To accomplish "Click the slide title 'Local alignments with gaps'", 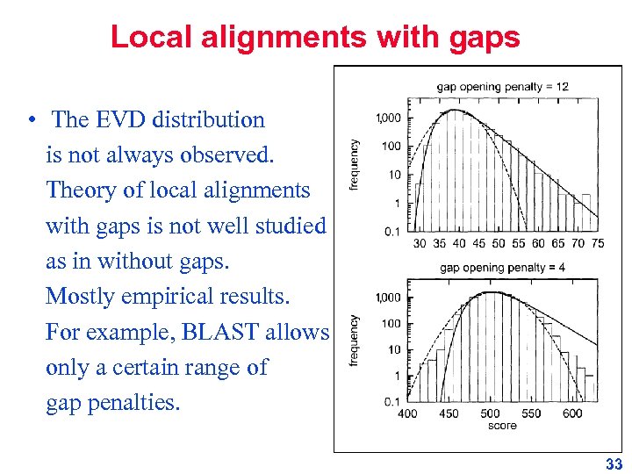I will tap(315, 37).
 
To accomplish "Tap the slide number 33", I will tap(614, 464).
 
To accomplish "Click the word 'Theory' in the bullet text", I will tap(79, 190).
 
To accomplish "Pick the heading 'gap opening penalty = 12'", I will tap(502, 86).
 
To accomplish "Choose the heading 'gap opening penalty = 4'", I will tap(502, 267).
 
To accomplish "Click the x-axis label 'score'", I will tap(502, 426).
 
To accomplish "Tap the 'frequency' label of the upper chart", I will tap(355, 165).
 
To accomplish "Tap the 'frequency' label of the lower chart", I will tap(355, 341).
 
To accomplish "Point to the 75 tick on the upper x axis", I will tap(598, 244).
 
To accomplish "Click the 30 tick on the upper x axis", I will tap(420, 244).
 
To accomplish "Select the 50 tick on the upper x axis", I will tap(499, 244).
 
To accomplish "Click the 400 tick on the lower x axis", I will tap(407, 413).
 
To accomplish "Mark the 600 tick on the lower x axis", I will tap(571, 413).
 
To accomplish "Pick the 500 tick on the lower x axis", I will tap(490, 413).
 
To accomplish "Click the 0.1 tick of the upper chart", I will tap(392, 232).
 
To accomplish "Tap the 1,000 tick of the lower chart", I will tap(388, 298).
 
